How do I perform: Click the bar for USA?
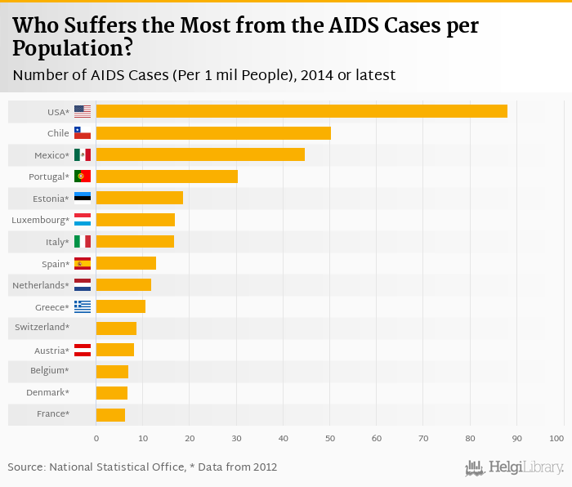coord(301,111)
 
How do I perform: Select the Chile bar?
coord(213,133)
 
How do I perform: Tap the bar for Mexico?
coord(200,154)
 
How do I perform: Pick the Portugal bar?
coord(167,176)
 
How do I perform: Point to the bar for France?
coord(110,414)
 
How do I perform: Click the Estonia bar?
coord(139,198)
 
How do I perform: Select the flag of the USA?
coord(83,111)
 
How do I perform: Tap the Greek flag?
coord(83,306)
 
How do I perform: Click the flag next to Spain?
coord(83,263)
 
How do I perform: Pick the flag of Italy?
coord(83,241)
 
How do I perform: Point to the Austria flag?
coord(83,350)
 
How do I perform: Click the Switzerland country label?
coord(42,328)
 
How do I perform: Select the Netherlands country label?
coord(41,285)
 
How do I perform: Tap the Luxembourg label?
coord(41,220)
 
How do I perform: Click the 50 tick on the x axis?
coord(329,439)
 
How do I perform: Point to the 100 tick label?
coord(556,439)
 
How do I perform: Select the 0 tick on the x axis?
coord(96,439)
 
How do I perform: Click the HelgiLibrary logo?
coord(514,467)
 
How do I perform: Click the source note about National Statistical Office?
coord(142,467)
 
